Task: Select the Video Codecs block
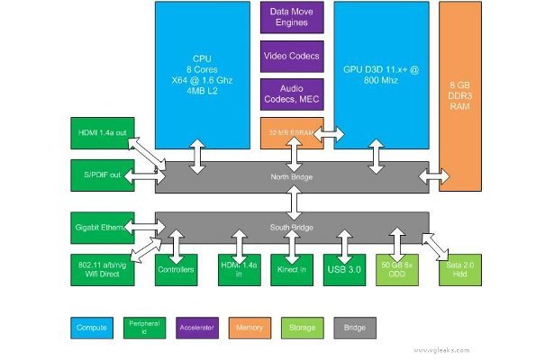click(292, 56)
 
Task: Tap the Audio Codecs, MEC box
click(292, 94)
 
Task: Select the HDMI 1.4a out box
click(101, 132)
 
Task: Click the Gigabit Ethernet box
click(101, 227)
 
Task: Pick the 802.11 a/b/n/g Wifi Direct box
click(101, 270)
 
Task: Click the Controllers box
click(176, 270)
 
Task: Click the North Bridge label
click(292, 176)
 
